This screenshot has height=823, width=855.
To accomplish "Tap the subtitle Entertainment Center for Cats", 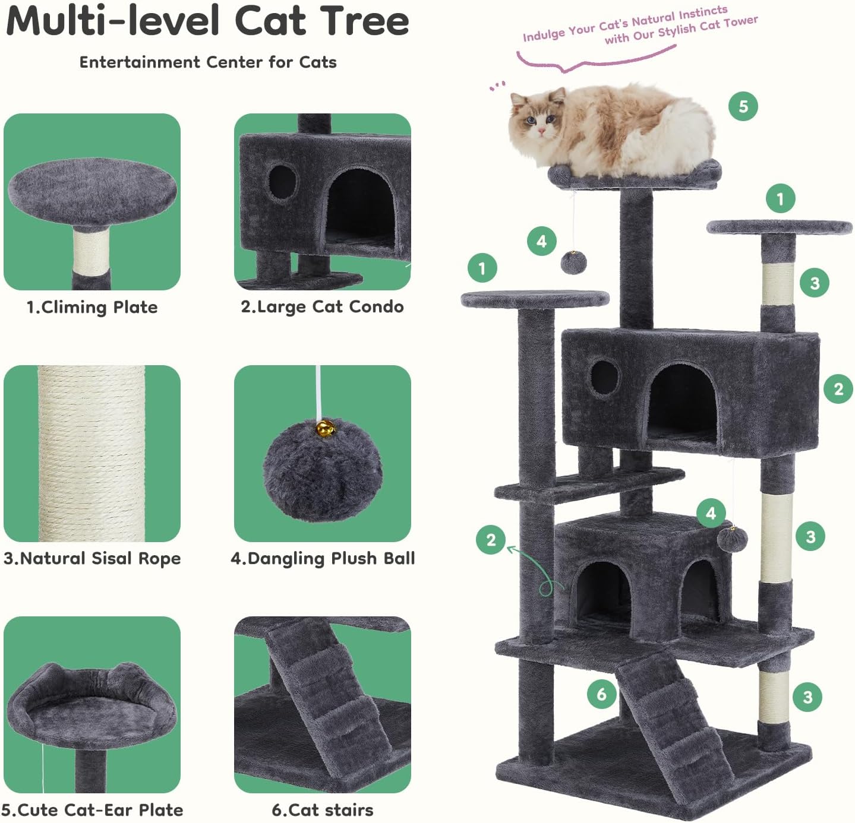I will tap(208, 62).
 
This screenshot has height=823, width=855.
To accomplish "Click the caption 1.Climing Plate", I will tap(92, 307).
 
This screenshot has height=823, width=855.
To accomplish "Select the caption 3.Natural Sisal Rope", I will tap(92, 559).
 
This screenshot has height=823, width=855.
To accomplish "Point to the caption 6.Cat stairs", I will tap(323, 810).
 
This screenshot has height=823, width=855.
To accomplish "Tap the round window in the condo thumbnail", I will tap(282, 182).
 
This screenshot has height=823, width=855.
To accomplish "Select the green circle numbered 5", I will tap(743, 107).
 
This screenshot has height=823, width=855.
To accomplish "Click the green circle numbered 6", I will tap(602, 694).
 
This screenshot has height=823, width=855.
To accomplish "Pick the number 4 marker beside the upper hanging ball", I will tap(541, 241).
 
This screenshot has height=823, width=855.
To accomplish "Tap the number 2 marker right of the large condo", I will tap(838, 389).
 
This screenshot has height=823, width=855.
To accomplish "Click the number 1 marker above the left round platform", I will tap(482, 268).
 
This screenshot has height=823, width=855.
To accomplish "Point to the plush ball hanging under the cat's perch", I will tap(573, 262).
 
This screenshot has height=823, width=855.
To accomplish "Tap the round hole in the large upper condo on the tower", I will tap(605, 376).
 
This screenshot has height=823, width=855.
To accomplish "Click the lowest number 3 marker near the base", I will tap(807, 697).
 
